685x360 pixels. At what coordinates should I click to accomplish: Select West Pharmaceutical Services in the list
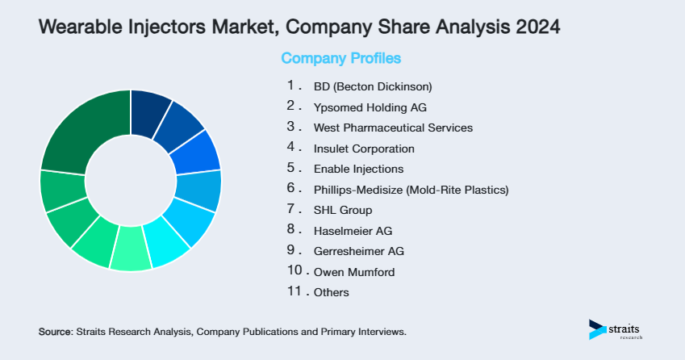pyautogui.click(x=393, y=128)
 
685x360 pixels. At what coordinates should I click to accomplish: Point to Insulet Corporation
pyautogui.click(x=364, y=149)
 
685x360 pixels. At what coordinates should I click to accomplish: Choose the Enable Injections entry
pyautogui.click(x=358, y=170)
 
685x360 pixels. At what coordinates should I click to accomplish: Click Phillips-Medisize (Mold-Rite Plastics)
pyautogui.click(x=411, y=190)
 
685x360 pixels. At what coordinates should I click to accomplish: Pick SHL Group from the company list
pyautogui.click(x=343, y=211)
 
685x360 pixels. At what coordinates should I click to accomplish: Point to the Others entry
pyautogui.click(x=332, y=292)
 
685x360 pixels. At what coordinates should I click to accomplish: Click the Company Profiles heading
pyautogui.click(x=340, y=58)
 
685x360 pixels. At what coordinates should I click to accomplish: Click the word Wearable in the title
pyautogui.click(x=75, y=27)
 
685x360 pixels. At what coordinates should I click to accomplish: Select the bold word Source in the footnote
pyautogui.click(x=55, y=332)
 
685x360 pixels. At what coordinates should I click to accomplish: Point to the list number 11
pyautogui.click(x=294, y=291)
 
